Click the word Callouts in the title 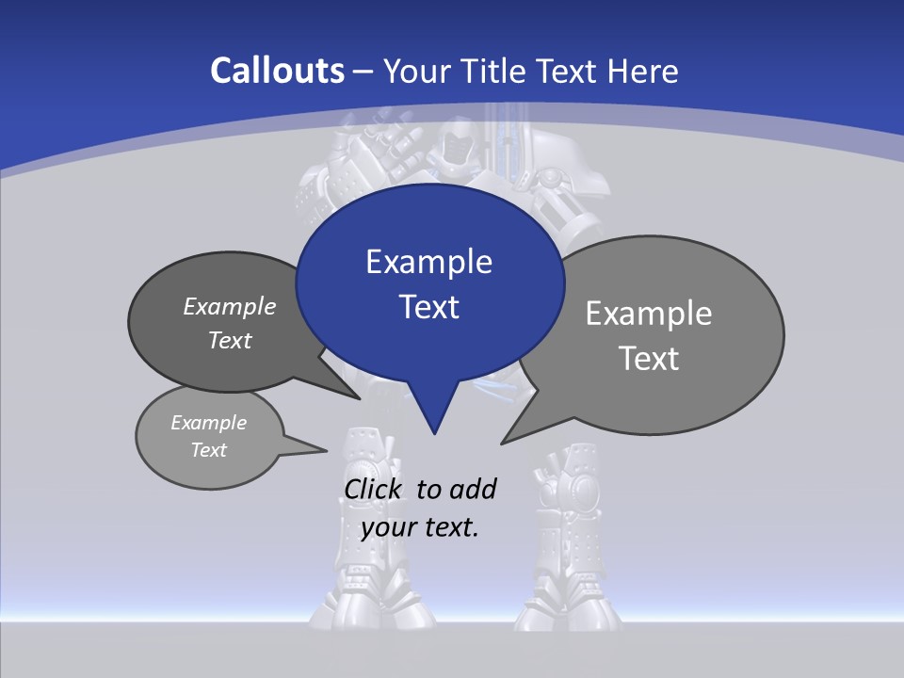277,71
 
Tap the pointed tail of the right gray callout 505,441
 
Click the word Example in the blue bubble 428,262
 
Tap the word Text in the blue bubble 428,307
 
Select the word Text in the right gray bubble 649,359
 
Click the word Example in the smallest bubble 208,423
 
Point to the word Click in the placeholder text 374,489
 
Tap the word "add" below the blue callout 472,489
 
